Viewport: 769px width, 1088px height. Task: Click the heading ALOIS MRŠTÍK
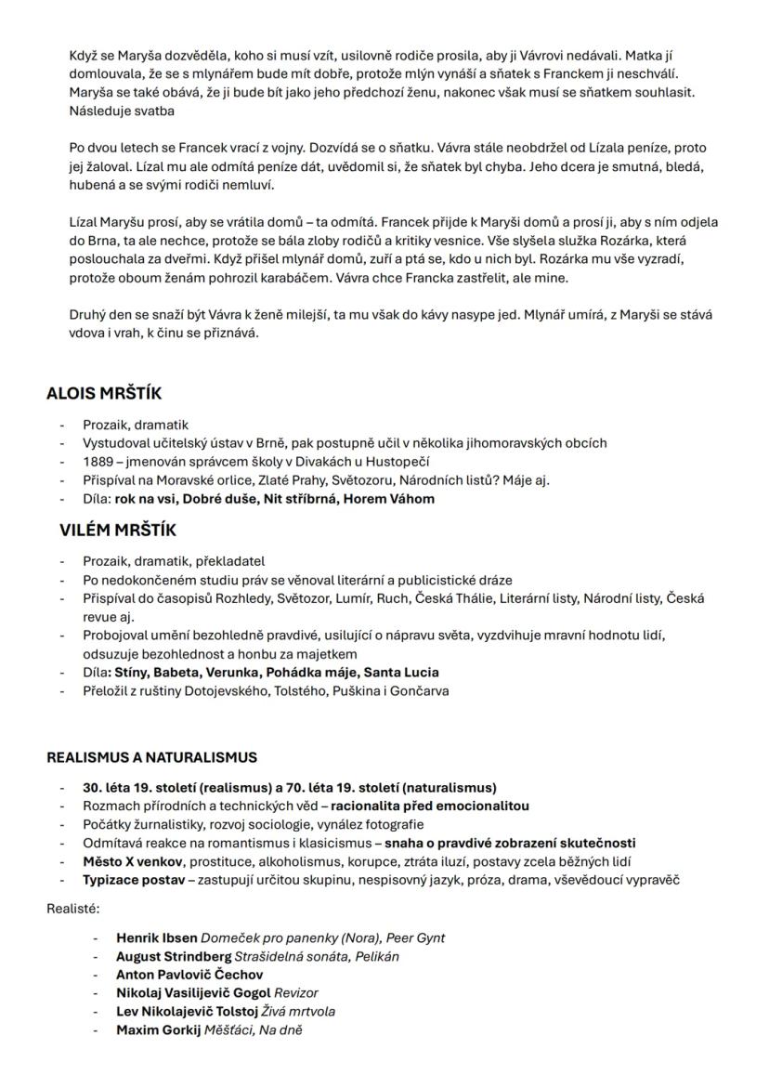click(104, 393)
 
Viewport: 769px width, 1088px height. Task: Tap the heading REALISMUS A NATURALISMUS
click(152, 757)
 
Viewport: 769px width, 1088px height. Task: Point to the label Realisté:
click(73, 909)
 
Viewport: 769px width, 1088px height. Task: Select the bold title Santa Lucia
click(401, 672)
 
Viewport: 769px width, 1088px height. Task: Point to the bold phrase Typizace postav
click(133, 880)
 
